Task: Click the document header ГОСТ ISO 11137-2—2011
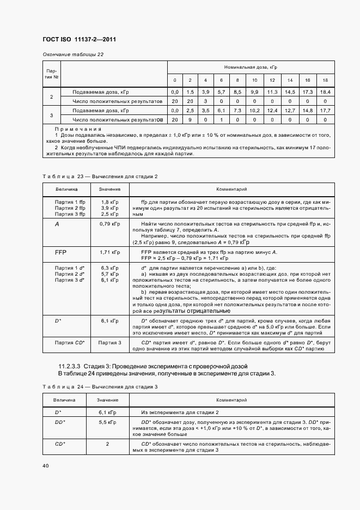(79, 39)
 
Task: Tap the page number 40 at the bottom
(46, 465)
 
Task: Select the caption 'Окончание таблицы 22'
(73, 54)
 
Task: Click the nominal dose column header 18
(325, 80)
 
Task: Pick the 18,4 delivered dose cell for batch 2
(325, 92)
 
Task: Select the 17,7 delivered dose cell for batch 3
(325, 111)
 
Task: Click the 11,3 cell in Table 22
(272, 92)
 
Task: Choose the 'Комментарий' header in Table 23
(232, 189)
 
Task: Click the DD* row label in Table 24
(60, 422)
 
